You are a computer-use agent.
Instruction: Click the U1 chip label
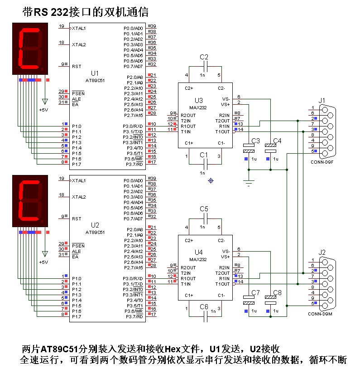click(x=95, y=73)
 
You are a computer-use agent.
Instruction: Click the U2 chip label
click(x=95, y=225)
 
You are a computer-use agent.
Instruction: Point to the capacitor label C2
click(x=204, y=57)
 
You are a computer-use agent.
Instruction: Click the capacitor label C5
click(x=204, y=209)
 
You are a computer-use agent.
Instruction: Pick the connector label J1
click(x=322, y=100)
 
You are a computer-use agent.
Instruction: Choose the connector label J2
click(x=322, y=252)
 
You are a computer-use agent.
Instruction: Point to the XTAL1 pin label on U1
click(x=79, y=28)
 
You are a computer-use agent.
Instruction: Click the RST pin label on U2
click(x=77, y=218)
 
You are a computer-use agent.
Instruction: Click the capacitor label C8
click(x=278, y=293)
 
